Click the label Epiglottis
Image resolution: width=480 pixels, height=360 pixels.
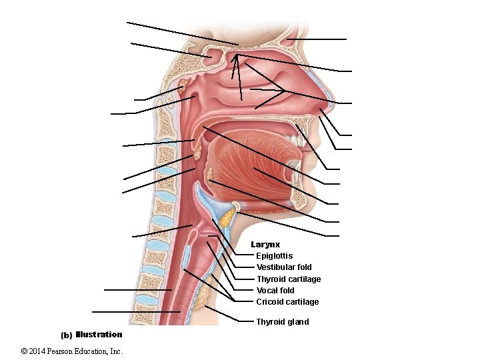[x=274, y=256]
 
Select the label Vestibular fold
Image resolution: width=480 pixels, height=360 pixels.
[x=284, y=267]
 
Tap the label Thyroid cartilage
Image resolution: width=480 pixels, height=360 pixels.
[x=289, y=279]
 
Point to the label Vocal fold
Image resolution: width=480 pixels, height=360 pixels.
[x=275, y=291]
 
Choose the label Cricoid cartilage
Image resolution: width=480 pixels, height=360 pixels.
[x=287, y=302]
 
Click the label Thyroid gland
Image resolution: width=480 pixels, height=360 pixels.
[x=283, y=322]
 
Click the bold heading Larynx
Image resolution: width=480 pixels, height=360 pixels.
[x=265, y=245]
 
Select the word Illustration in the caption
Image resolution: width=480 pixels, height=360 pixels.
[x=99, y=335]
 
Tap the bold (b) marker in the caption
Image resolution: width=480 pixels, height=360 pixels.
[x=67, y=335]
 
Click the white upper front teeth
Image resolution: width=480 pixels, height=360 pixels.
[x=291, y=142]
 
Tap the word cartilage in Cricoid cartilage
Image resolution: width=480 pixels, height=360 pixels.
[x=302, y=302]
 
